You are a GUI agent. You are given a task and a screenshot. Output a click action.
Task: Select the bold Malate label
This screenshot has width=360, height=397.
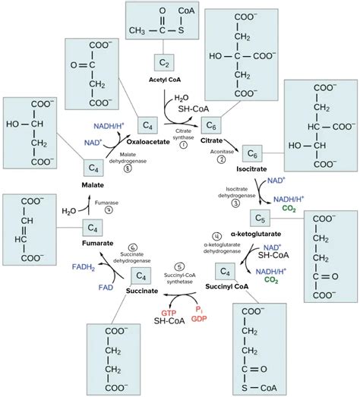click(92, 184)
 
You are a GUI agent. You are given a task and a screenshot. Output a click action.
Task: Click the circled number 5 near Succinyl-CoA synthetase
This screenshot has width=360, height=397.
click(179, 266)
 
